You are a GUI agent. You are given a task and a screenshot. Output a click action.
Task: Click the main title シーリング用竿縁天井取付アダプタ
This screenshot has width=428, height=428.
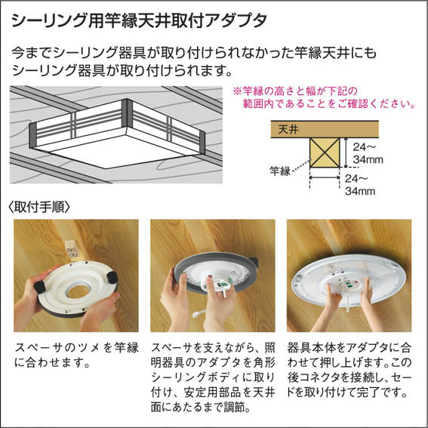pos(139,20)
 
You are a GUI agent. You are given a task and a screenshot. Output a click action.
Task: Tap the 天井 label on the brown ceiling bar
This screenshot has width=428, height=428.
pos(288,129)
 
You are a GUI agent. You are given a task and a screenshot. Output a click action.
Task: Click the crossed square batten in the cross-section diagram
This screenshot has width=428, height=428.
pos(325,152)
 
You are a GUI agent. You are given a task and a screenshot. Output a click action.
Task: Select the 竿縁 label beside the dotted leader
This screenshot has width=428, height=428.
pos(280,171)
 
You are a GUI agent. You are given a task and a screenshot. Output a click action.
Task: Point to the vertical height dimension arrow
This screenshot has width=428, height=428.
pos(346,152)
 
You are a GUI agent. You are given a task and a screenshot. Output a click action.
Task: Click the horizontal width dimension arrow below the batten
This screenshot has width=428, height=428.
pos(325,177)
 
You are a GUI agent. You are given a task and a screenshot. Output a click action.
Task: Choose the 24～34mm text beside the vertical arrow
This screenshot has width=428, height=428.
pos(368,153)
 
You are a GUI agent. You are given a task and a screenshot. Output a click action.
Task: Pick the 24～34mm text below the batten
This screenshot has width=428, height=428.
pos(360,185)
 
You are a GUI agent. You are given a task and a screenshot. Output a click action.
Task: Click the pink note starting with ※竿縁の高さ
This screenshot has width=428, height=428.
pos(324,97)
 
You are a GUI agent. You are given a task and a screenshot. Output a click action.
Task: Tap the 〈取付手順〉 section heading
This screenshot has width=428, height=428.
pos(39,207)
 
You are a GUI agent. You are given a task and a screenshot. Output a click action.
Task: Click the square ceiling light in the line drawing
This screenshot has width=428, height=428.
pos(117,133)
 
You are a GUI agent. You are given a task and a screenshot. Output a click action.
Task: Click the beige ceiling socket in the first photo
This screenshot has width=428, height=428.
pos(72,250)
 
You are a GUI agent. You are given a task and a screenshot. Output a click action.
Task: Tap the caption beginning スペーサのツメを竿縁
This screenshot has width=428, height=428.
pos(76,355)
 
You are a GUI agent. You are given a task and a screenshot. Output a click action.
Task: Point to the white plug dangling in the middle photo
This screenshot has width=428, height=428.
pos(196,315)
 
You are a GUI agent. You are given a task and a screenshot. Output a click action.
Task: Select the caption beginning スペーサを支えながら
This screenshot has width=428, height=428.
pos(213,377)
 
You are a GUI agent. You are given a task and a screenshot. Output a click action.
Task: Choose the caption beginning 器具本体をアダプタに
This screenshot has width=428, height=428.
pos(349,370)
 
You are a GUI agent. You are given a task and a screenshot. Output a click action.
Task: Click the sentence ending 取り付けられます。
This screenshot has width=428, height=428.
pos(122,70)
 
